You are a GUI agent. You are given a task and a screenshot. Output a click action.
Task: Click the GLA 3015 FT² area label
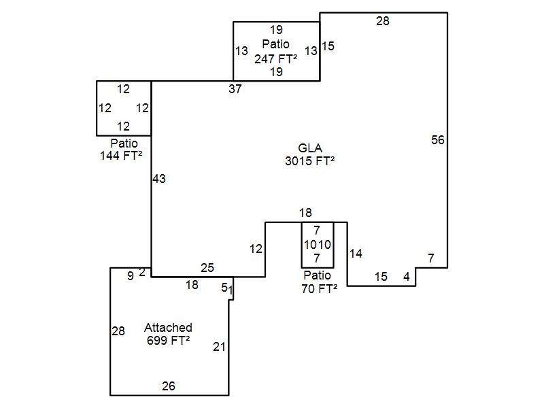click(x=310, y=154)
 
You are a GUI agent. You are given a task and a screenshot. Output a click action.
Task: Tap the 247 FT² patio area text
click(x=276, y=58)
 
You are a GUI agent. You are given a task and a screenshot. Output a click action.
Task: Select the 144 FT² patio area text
click(x=121, y=156)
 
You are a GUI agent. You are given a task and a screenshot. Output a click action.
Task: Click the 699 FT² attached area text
click(x=168, y=341)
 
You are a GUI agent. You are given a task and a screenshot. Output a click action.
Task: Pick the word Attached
click(x=168, y=328)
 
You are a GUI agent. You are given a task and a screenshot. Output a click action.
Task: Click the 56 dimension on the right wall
click(x=438, y=140)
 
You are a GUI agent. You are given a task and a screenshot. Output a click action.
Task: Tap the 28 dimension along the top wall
click(x=383, y=21)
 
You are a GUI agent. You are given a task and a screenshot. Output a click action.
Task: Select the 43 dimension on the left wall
click(x=159, y=179)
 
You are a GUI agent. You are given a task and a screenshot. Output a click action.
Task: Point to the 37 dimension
click(x=235, y=89)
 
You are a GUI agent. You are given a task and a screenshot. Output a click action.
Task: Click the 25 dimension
click(x=207, y=268)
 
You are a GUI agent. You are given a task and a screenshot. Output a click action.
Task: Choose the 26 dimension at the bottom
click(x=169, y=386)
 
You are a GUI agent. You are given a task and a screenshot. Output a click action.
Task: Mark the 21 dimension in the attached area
click(x=219, y=347)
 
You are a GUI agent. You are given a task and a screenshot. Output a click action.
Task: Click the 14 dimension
click(x=356, y=254)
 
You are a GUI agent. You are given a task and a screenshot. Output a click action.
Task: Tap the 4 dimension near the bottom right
click(x=407, y=277)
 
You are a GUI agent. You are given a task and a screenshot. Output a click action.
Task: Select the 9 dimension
click(x=131, y=276)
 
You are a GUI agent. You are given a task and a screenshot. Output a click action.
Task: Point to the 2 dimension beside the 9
click(x=142, y=273)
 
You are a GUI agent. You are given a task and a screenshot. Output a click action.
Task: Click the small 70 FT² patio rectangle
click(x=318, y=245)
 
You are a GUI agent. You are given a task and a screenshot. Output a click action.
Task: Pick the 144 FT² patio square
click(x=124, y=108)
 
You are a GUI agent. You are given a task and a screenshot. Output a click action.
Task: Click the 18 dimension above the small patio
click(x=305, y=214)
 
